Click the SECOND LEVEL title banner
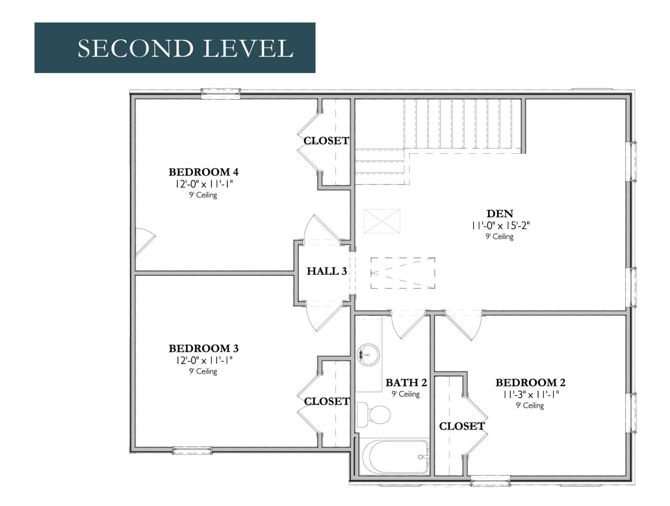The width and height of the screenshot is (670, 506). click(x=175, y=48)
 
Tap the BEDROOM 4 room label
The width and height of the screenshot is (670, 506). click(x=203, y=172)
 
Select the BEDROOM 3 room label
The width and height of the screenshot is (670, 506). click(x=203, y=349)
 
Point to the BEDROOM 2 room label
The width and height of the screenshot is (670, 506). click(x=530, y=382)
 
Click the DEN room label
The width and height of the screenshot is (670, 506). click(x=500, y=213)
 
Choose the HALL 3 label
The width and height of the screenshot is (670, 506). click(x=327, y=271)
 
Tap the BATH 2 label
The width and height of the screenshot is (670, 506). click(x=406, y=382)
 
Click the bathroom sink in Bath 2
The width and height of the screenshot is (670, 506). click(x=368, y=355)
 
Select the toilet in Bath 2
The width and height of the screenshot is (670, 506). click(x=374, y=415)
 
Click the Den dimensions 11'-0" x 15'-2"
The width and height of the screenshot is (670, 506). click(x=500, y=225)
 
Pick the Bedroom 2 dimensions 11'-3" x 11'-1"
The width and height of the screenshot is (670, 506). click(x=530, y=395)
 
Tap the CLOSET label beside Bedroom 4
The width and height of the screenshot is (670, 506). click(x=326, y=141)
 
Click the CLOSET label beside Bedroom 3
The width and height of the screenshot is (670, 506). click(x=327, y=401)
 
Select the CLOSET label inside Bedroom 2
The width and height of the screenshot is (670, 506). click(x=462, y=426)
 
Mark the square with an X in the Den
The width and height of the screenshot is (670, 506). click(x=382, y=221)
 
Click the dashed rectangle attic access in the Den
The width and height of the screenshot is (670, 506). click(x=403, y=273)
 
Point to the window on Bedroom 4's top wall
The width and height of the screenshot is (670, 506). click(x=220, y=93)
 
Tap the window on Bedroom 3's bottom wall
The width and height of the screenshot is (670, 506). click(x=192, y=451)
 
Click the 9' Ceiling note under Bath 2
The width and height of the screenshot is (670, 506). click(x=406, y=394)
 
